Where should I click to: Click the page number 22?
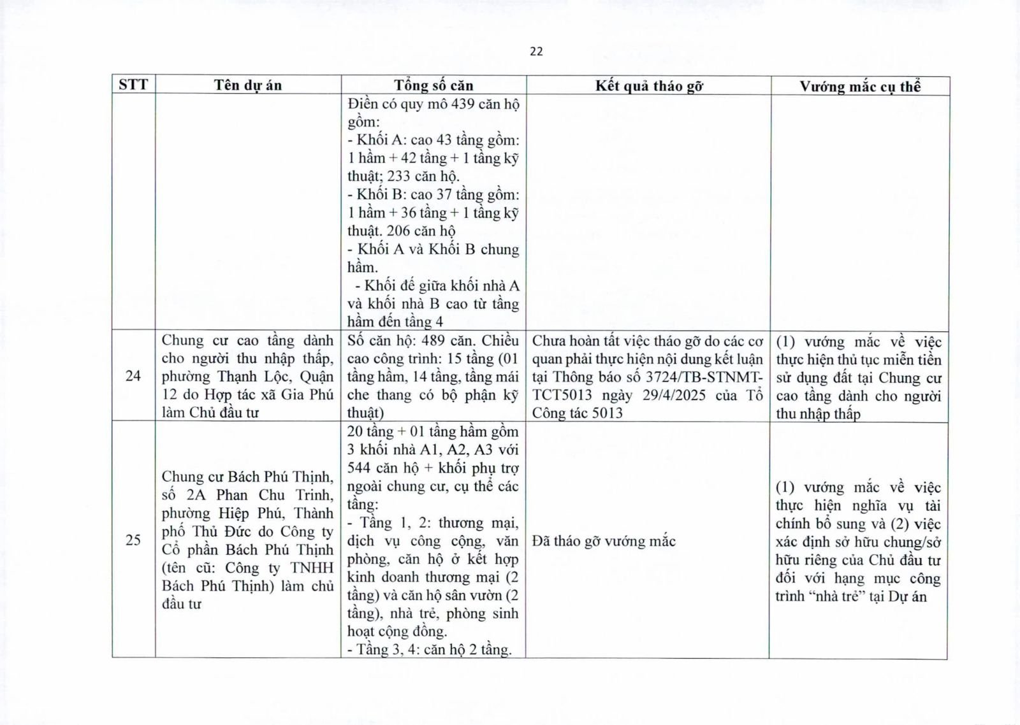pyautogui.click(x=536, y=52)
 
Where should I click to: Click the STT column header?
pyautogui.click(x=133, y=85)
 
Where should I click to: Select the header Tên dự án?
pyautogui.click(x=247, y=85)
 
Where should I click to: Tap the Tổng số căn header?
pyautogui.click(x=433, y=85)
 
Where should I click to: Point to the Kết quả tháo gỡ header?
pyautogui.click(x=648, y=86)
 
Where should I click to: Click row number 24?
pyautogui.click(x=133, y=376)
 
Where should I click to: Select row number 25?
pyautogui.click(x=133, y=541)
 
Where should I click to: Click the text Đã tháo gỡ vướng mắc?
pyautogui.click(x=604, y=542)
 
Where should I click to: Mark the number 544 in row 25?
pyautogui.click(x=360, y=468)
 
